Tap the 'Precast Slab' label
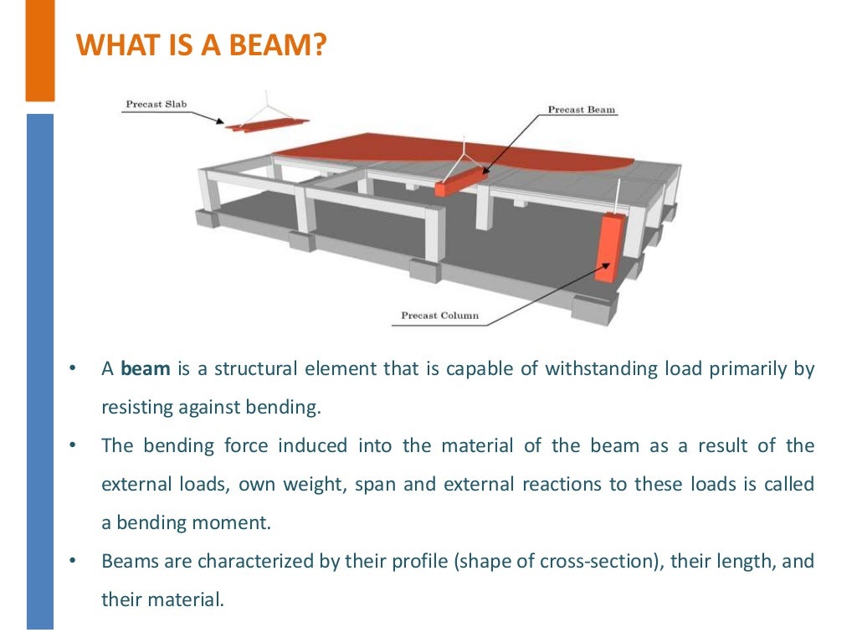click(x=156, y=105)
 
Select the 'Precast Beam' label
click(x=582, y=110)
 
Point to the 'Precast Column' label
click(x=439, y=316)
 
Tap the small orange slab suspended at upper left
click(x=266, y=126)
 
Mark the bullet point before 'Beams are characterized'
click(x=74, y=561)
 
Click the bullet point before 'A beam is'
click(x=74, y=369)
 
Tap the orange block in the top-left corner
click(x=39, y=50)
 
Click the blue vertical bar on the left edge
click(x=39, y=368)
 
